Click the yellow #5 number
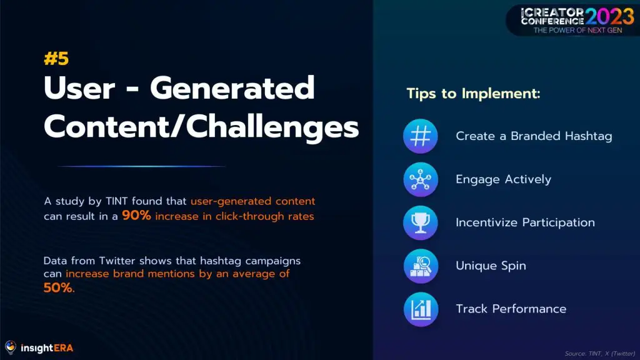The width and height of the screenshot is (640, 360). pyautogui.click(x=56, y=59)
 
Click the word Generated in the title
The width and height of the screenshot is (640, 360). pyautogui.click(x=232, y=87)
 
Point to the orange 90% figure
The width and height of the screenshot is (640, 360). pyautogui.click(x=136, y=215)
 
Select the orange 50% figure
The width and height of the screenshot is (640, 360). pyautogui.click(x=59, y=287)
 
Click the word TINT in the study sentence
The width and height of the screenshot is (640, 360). pyautogui.click(x=117, y=201)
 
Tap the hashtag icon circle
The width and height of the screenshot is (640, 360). pyautogui.click(x=421, y=136)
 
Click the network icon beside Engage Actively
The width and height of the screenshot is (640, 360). pyautogui.click(x=421, y=179)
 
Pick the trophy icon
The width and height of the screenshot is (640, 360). pyautogui.click(x=421, y=223)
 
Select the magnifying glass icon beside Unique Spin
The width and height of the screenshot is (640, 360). pyautogui.click(x=421, y=266)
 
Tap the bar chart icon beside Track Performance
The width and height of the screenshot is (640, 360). pyautogui.click(x=421, y=309)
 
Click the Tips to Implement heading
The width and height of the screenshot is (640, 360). pyautogui.click(x=474, y=94)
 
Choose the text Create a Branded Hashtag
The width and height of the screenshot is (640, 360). pyautogui.click(x=534, y=136)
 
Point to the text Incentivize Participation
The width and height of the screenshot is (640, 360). pyautogui.click(x=525, y=222)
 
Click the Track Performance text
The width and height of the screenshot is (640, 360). pyautogui.click(x=511, y=309)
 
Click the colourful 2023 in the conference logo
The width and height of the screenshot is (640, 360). pyautogui.click(x=609, y=17)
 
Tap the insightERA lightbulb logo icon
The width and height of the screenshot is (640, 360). pyautogui.click(x=11, y=347)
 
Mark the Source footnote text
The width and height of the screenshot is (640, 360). pyautogui.click(x=600, y=354)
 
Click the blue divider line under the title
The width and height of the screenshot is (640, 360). pyautogui.click(x=142, y=166)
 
